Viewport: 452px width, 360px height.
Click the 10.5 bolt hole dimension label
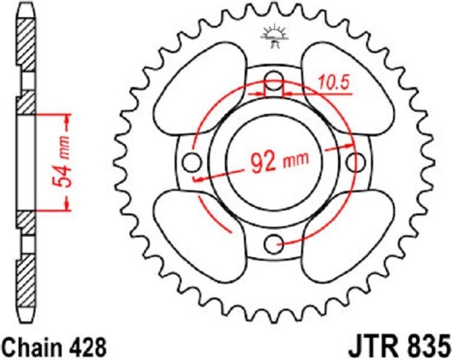[334, 82]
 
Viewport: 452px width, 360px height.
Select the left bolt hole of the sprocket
[192, 162]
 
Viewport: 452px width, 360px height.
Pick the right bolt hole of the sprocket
[356, 162]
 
